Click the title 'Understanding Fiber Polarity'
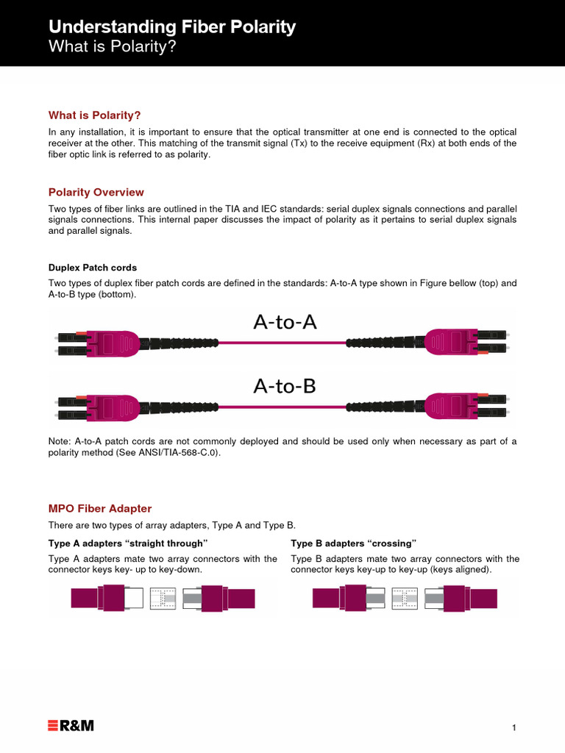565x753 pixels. [171, 27]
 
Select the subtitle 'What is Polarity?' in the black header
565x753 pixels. [113, 47]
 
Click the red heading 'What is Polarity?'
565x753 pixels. [94, 115]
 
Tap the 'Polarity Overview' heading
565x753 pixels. [96, 192]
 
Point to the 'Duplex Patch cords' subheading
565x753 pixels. [93, 268]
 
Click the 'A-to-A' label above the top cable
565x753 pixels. [285, 321]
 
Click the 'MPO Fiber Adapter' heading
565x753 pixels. [100, 508]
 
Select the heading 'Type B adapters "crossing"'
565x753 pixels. [354, 543]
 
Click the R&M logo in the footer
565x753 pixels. [71, 727]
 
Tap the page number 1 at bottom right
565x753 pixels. [514, 728]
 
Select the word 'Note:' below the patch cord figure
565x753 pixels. [60, 441]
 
